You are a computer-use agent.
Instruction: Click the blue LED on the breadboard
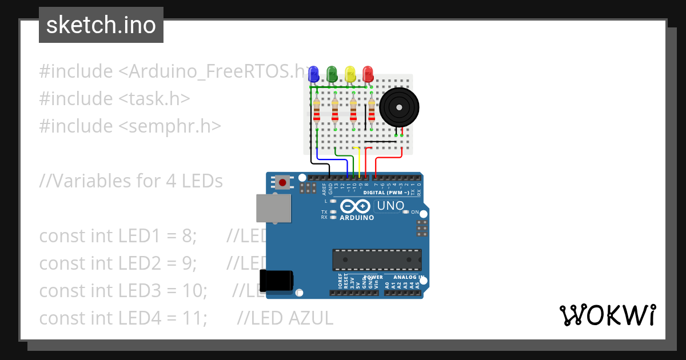tap(313, 74)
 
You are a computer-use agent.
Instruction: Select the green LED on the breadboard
tap(332, 74)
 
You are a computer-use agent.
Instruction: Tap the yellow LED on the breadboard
tap(350, 74)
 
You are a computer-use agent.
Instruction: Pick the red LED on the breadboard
tap(368, 74)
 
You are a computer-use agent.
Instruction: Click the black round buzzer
tap(400, 106)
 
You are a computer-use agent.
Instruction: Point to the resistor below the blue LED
tap(317, 111)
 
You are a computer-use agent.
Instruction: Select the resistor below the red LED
tap(372, 111)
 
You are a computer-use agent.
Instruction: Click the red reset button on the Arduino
tap(282, 183)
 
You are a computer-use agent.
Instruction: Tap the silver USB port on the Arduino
tap(272, 208)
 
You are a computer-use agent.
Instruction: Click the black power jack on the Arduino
tap(276, 280)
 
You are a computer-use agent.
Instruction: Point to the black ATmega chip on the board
tap(377, 259)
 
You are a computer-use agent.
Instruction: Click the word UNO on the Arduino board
tap(391, 206)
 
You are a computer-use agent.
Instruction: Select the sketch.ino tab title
tap(101, 25)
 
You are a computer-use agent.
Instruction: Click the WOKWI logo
tap(607, 315)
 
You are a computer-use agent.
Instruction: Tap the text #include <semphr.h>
tap(130, 126)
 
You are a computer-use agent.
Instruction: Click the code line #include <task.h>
tap(114, 98)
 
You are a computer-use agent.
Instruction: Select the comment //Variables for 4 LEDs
tap(130, 181)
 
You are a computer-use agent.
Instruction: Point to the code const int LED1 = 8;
tap(118, 235)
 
